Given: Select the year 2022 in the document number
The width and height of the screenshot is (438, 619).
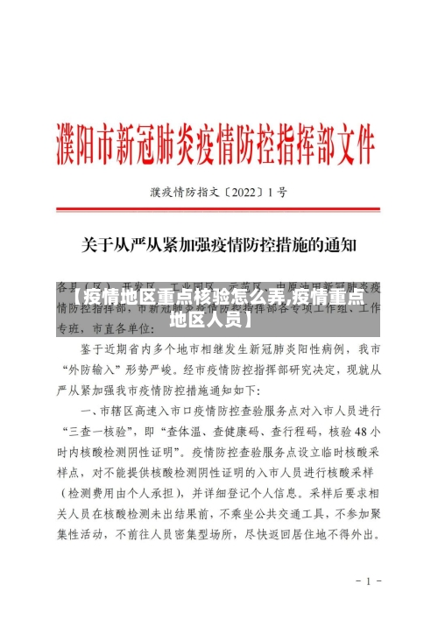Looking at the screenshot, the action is [245, 190].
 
